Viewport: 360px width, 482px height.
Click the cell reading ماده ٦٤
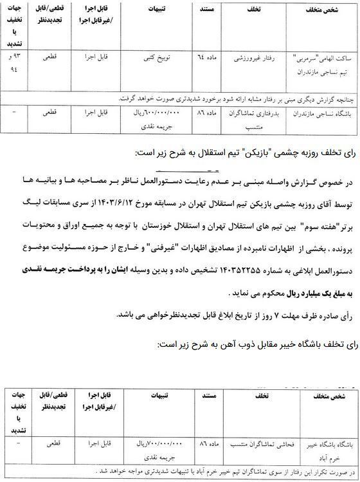click(x=207, y=58)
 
